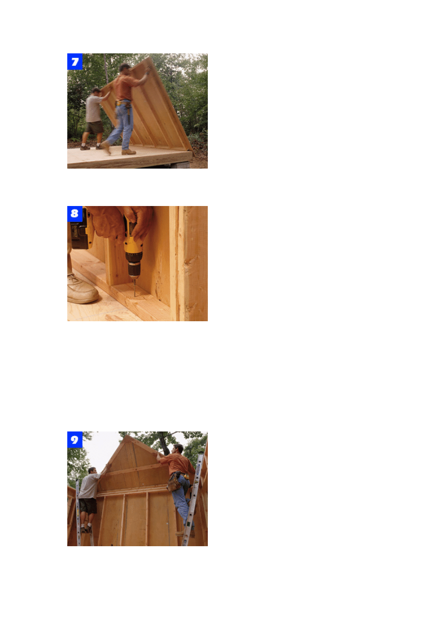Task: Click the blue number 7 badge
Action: coord(75,61)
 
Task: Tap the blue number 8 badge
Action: coord(75,214)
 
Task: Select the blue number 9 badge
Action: coord(75,439)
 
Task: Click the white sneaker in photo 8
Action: coord(82,289)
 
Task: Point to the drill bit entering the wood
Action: coord(135,287)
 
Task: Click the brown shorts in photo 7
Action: coord(94,127)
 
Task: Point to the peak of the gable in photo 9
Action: coord(127,435)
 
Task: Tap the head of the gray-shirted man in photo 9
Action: coord(92,470)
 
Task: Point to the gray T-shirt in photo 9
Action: coord(89,486)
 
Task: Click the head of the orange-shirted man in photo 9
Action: coord(178,448)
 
